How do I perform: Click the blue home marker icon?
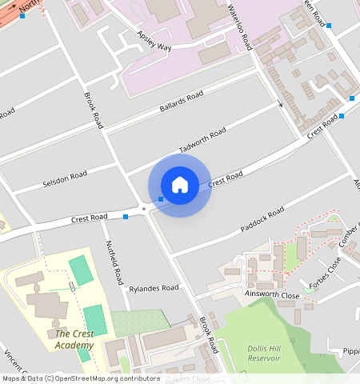tap(180, 185)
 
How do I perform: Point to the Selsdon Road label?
tap(65, 179)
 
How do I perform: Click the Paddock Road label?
tap(262, 219)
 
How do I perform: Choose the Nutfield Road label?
tap(112, 264)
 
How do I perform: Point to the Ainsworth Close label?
tap(273, 295)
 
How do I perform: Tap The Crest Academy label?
tap(74, 339)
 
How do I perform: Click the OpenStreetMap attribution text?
tap(80, 378)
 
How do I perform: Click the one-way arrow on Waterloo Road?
tap(280, 102)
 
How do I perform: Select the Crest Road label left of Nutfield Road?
tap(89, 218)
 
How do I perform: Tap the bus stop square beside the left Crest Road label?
tap(126, 216)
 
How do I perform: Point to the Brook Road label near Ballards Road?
tap(94, 110)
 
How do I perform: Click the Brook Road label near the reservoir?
tap(209, 335)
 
